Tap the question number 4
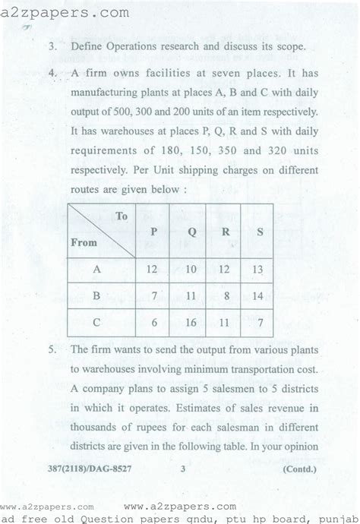52,74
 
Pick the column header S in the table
260,232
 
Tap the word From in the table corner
84,244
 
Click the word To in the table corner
122,216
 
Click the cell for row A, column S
260,269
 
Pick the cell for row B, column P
155,295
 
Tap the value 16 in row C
191,321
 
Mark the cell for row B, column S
260,295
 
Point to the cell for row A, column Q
191,269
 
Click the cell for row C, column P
155,321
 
